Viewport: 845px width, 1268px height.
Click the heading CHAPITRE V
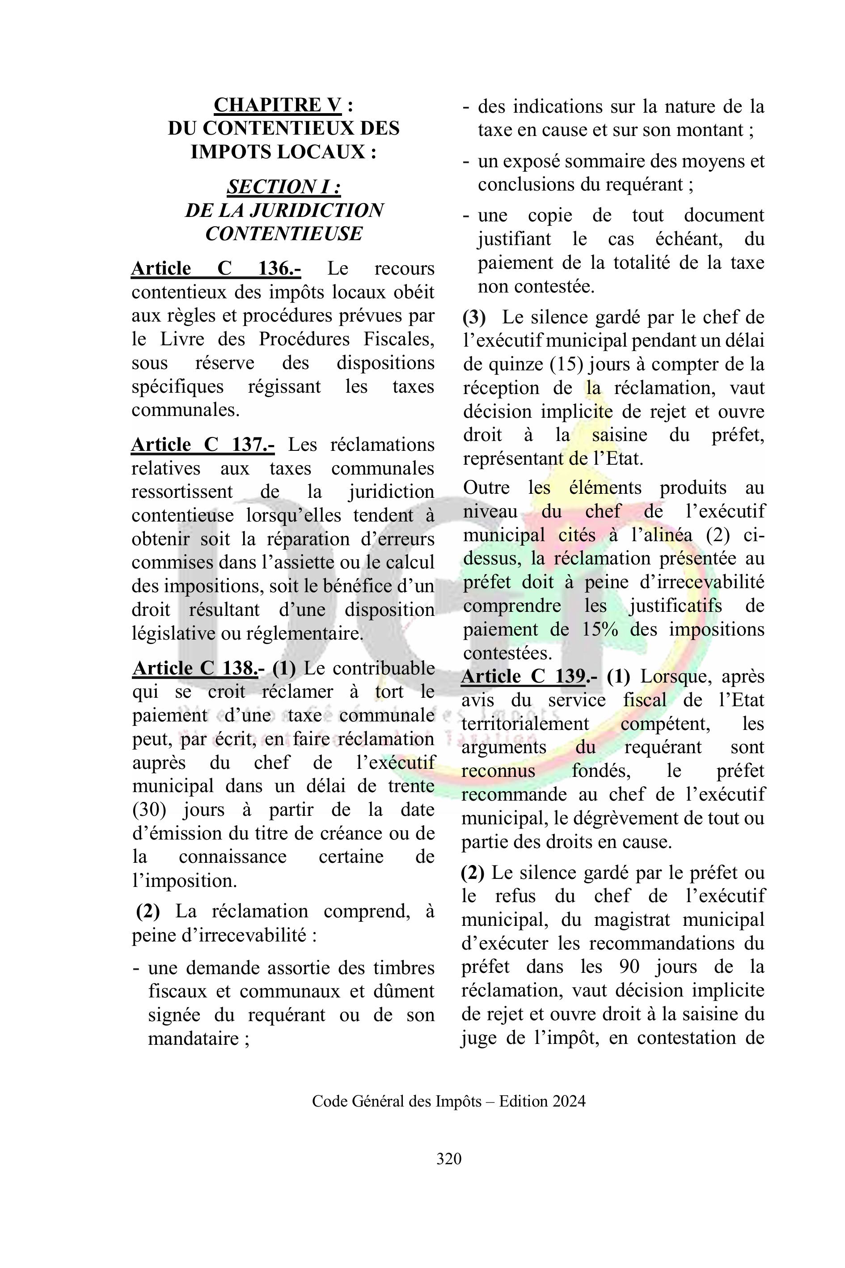278,105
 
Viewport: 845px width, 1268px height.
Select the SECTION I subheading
283,187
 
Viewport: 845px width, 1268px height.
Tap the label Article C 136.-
215,268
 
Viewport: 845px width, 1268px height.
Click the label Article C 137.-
203,445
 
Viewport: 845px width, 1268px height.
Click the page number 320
448,1158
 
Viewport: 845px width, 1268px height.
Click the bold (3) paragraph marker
474,318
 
